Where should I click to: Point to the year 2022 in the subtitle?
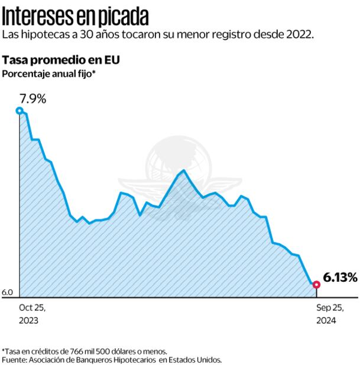click(299, 35)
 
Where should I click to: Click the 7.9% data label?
click(32, 99)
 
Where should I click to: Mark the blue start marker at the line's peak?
click(20, 111)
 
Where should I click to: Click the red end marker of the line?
click(316, 285)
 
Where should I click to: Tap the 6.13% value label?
click(340, 277)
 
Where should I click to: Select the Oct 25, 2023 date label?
click(32, 314)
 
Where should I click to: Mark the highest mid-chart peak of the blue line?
click(184, 170)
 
